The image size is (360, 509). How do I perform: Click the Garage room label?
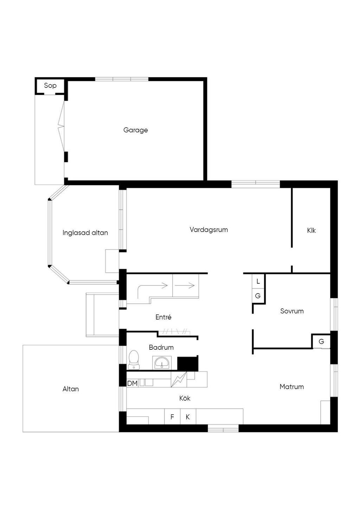135,130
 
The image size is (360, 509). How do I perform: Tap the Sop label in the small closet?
50,85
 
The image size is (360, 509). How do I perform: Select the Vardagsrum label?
208,230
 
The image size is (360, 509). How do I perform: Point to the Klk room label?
311,230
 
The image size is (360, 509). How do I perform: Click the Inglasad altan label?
85,233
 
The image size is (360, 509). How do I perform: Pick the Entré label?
163,317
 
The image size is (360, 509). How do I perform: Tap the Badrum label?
161,347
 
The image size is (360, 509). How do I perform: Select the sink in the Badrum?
162,362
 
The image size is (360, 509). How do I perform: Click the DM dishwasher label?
132,384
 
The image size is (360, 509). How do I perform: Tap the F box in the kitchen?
172,417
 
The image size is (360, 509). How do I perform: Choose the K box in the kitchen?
188,417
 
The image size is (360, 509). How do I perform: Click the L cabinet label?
258,282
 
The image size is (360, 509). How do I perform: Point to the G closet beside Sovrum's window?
321,341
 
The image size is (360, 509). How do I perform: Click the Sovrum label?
292,311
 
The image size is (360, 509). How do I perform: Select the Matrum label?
291,387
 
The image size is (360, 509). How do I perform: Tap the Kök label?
185,398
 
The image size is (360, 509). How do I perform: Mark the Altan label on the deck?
71,389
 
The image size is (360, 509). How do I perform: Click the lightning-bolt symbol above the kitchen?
179,379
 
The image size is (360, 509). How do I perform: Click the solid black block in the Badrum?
187,364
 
